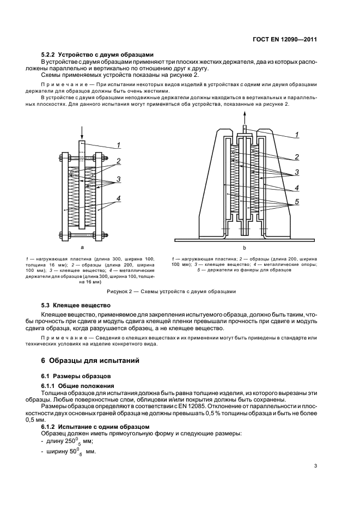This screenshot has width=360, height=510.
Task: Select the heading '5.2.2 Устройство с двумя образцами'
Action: [98, 54]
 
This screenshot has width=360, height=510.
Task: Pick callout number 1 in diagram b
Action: [296, 134]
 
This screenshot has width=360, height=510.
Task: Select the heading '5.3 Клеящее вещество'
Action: [76, 305]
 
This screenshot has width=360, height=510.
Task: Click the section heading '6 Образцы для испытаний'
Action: [87, 361]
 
